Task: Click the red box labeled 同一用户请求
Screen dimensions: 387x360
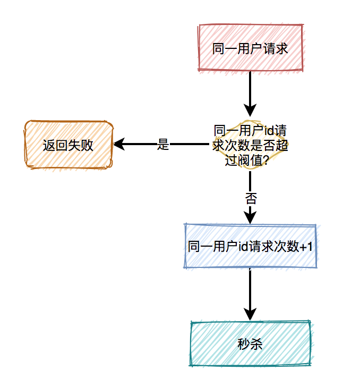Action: (250, 48)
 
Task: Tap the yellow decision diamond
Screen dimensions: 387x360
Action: (250, 145)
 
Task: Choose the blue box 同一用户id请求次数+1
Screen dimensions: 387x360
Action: (250, 246)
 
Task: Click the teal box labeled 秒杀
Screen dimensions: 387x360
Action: (250, 344)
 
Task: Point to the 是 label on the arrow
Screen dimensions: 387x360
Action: (163, 144)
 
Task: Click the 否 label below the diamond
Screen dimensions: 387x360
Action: (250, 199)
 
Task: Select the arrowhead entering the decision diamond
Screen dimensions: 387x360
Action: (250, 110)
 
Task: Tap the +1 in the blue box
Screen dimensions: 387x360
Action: (306, 247)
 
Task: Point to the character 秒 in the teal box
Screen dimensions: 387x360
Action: (243, 344)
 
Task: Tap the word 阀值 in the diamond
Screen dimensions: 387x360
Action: (249, 161)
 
